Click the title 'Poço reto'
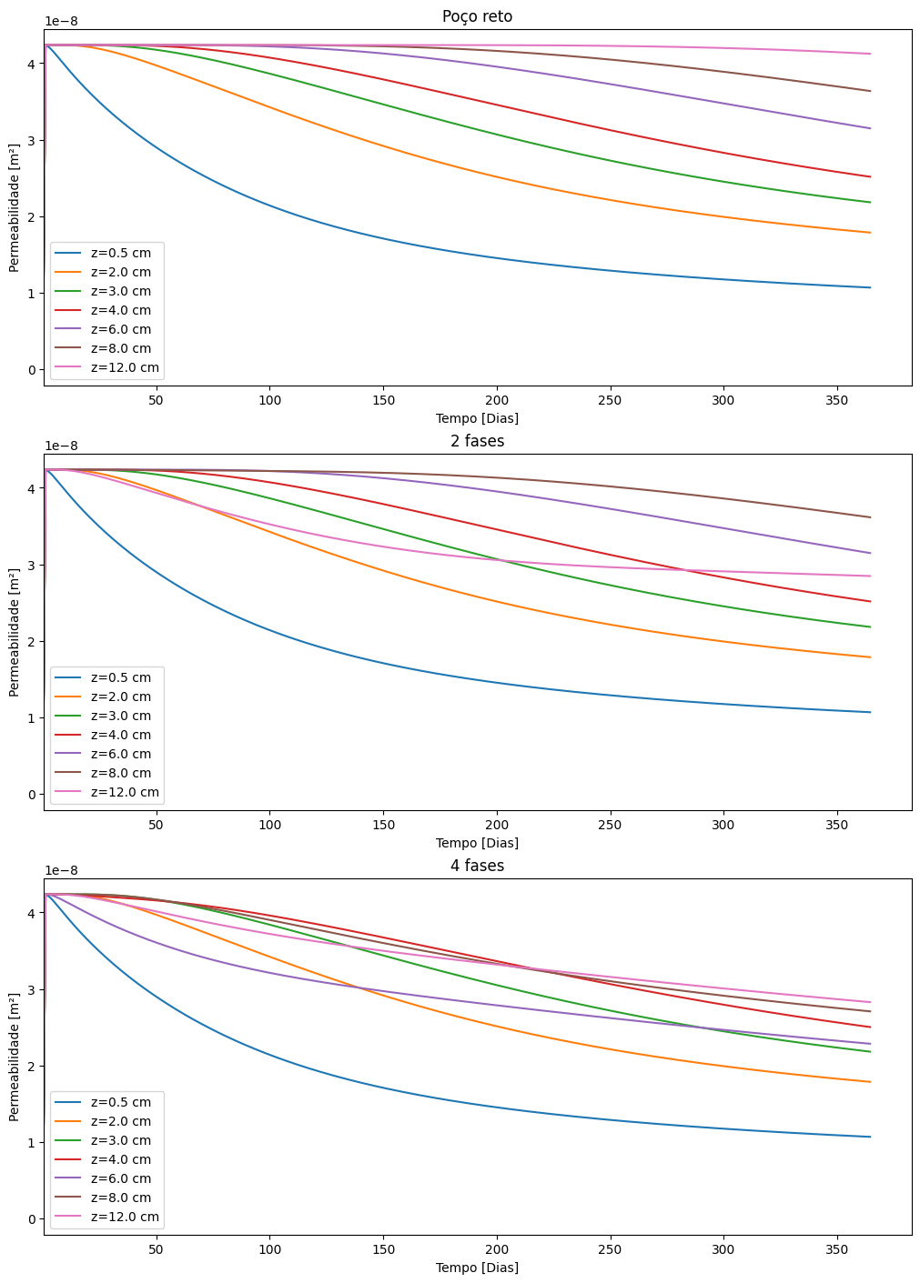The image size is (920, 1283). click(x=477, y=16)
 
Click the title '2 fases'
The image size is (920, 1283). click(x=477, y=441)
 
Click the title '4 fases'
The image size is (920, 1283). click(x=477, y=866)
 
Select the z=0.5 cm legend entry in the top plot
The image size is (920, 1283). click(x=120, y=253)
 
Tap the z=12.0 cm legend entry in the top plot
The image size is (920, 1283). click(x=124, y=367)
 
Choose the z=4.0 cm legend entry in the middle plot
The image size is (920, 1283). click(x=120, y=735)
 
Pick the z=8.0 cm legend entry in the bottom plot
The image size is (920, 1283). click(x=120, y=1198)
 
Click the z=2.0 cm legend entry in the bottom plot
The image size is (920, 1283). click(x=120, y=1121)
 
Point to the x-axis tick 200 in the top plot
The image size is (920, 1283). click(x=496, y=400)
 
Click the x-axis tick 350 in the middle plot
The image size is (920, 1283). click(x=836, y=825)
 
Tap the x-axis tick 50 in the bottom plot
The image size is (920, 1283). click(x=156, y=1249)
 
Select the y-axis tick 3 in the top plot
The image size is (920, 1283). click(x=31, y=141)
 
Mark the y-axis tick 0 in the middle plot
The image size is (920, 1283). click(x=31, y=795)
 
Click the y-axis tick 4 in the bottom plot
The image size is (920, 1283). click(x=31, y=913)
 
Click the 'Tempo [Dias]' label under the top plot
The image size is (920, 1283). click(x=477, y=418)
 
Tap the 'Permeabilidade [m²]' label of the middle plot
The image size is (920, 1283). click(x=14, y=632)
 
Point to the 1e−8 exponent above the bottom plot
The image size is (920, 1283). click(x=61, y=870)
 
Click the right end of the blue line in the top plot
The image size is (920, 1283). click(x=871, y=287)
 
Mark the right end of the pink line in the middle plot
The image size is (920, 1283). click(x=871, y=576)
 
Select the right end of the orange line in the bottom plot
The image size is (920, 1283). click(x=871, y=1082)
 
